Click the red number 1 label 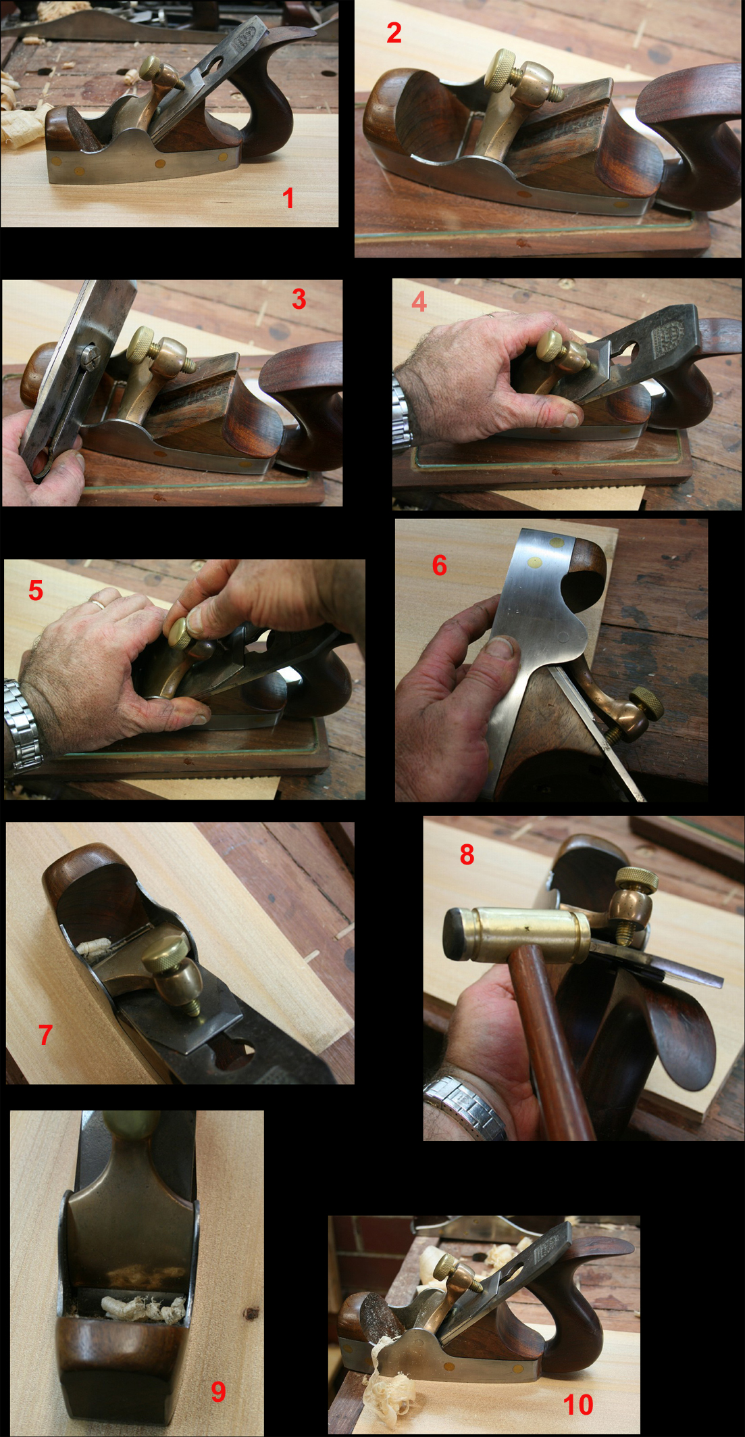coord(288,198)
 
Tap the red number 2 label coord(394,32)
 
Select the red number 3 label coord(299,299)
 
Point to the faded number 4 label coord(419,301)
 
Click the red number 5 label coord(36,590)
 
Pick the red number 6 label coord(439,565)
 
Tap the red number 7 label coord(45,1035)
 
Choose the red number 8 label coord(467,854)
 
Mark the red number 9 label coord(217,1391)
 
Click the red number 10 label coord(578,1405)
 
